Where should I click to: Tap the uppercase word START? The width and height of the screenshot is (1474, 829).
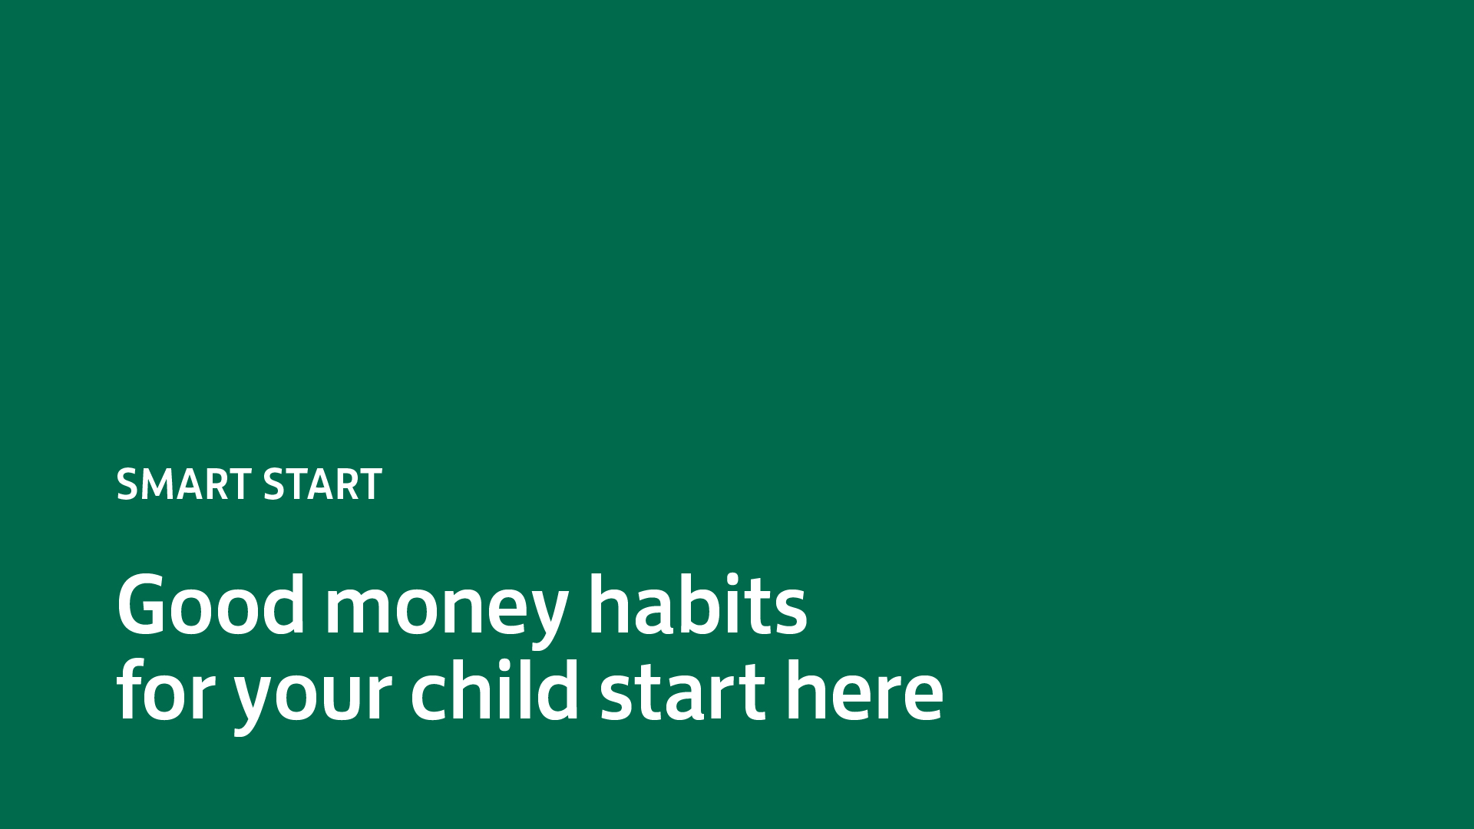pyautogui.click(x=322, y=484)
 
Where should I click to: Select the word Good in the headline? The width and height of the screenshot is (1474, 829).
pyautogui.click(x=211, y=605)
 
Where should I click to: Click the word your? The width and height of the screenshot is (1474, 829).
pyautogui.click(x=312, y=699)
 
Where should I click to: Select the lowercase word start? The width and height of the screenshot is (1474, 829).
pyautogui.click(x=682, y=692)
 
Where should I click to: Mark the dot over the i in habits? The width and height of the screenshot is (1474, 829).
pyautogui.click(x=732, y=580)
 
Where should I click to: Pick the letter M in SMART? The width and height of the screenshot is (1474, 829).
pyautogui.click(x=160, y=484)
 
